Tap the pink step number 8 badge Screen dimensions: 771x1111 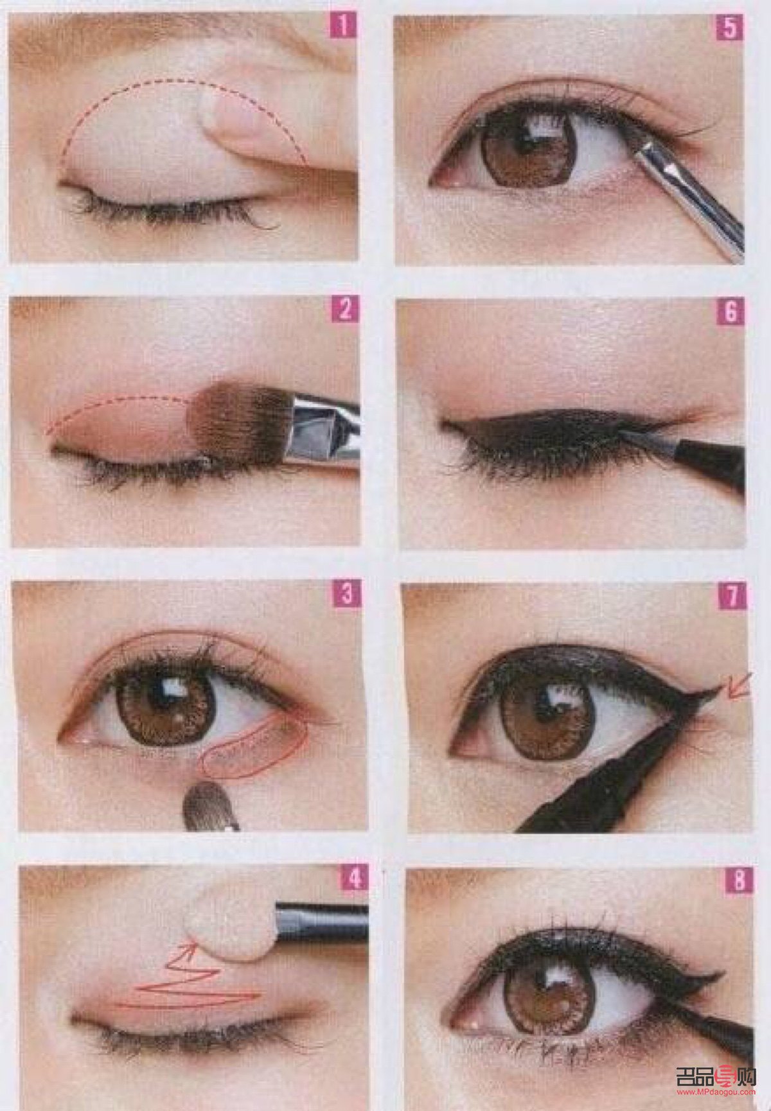[x=736, y=880]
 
